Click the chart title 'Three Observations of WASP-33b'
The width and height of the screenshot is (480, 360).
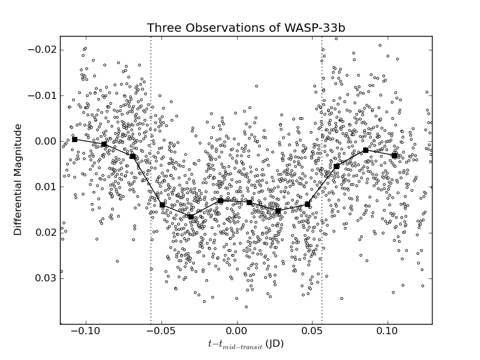[x=246, y=28]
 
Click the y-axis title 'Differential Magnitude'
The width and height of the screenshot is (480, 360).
[x=19, y=179]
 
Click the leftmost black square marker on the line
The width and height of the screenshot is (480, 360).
[x=74, y=139]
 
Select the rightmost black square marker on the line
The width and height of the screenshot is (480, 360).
[x=394, y=155]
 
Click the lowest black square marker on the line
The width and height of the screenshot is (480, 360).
[x=191, y=217]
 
